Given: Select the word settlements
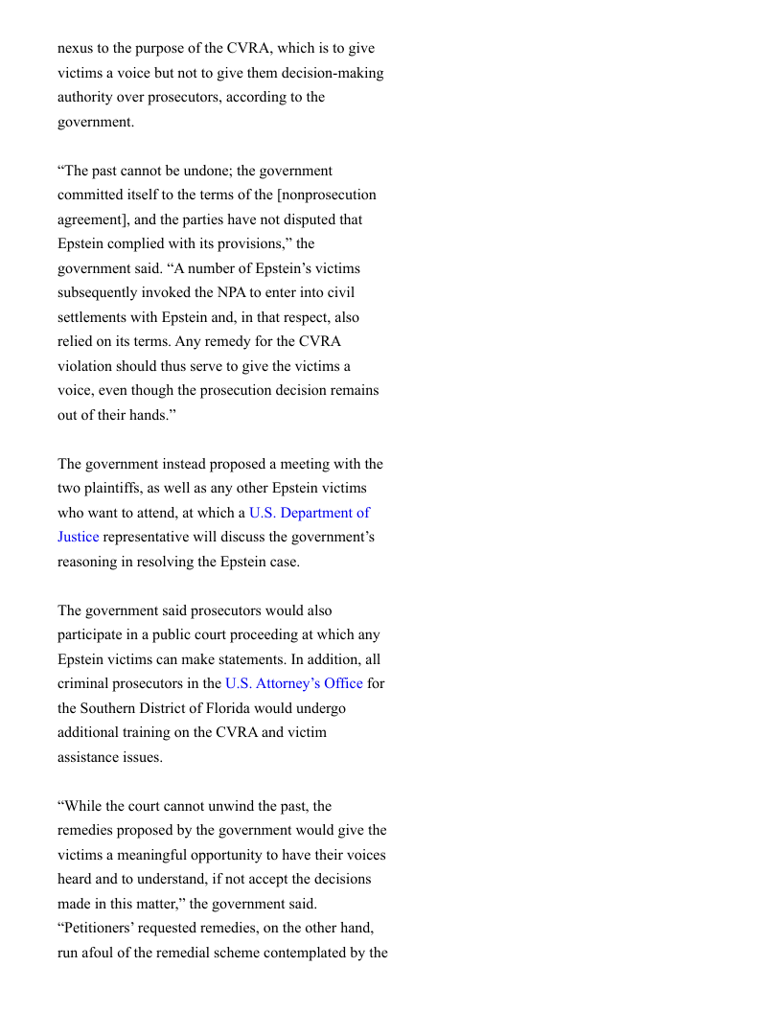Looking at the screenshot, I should tap(96, 317).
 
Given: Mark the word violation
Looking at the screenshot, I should tap(87, 366).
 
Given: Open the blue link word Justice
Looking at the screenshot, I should tap(78, 537).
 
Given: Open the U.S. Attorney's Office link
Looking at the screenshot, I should tap(293, 683).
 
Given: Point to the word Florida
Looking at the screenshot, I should tap(222, 708).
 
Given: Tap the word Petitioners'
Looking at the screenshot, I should tap(99, 929).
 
